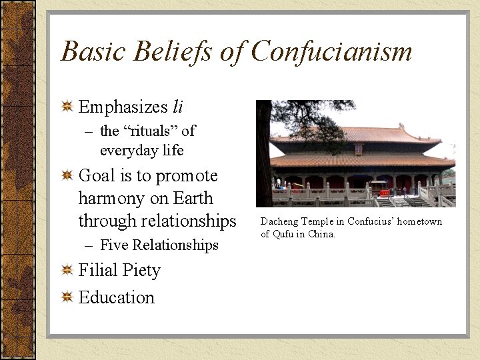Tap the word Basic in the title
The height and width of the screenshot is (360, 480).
click(89, 51)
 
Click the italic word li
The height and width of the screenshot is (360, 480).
click(177, 107)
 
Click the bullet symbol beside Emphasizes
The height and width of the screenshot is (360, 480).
click(67, 107)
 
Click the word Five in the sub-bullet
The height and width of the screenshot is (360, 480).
click(113, 245)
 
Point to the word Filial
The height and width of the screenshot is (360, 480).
click(99, 271)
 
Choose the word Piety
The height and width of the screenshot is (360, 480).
click(142, 271)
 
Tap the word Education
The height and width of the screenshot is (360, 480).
click(117, 297)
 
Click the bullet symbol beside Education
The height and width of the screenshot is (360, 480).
click(67, 297)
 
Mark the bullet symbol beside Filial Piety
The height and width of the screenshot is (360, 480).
click(67, 271)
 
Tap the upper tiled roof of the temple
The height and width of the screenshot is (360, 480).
click(360, 133)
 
